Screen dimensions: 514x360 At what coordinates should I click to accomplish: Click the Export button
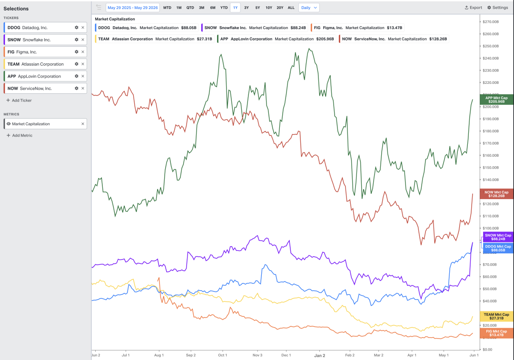474,8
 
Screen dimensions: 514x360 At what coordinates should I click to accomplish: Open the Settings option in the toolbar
498,8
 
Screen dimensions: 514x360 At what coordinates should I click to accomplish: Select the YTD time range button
224,8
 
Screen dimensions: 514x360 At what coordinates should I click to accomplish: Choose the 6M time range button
213,8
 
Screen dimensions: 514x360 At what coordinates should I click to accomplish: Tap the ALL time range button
291,8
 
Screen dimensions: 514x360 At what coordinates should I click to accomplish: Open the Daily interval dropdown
309,8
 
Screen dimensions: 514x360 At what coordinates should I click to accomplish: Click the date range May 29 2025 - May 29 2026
133,8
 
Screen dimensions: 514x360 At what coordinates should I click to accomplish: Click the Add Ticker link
19,100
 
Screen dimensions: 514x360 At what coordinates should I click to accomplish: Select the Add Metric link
20,135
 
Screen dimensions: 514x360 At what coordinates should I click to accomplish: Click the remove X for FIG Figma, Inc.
83,52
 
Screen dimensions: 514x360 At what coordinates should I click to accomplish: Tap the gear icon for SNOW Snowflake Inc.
76,40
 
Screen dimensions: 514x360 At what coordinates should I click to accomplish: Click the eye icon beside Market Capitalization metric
9,124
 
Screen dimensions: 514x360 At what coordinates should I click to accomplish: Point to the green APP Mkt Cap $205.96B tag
496,100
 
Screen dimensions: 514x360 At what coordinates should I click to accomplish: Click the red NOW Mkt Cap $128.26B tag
496,194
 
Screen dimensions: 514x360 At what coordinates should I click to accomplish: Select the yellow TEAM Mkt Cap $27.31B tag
496,316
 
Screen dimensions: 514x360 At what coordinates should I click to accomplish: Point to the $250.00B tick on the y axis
491,46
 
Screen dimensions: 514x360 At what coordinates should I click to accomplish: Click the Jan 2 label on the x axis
320,355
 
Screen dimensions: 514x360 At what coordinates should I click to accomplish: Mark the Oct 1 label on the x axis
223,355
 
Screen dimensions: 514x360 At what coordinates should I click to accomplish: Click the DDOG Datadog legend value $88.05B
189,28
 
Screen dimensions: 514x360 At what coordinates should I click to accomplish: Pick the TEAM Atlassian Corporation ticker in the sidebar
35,64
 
